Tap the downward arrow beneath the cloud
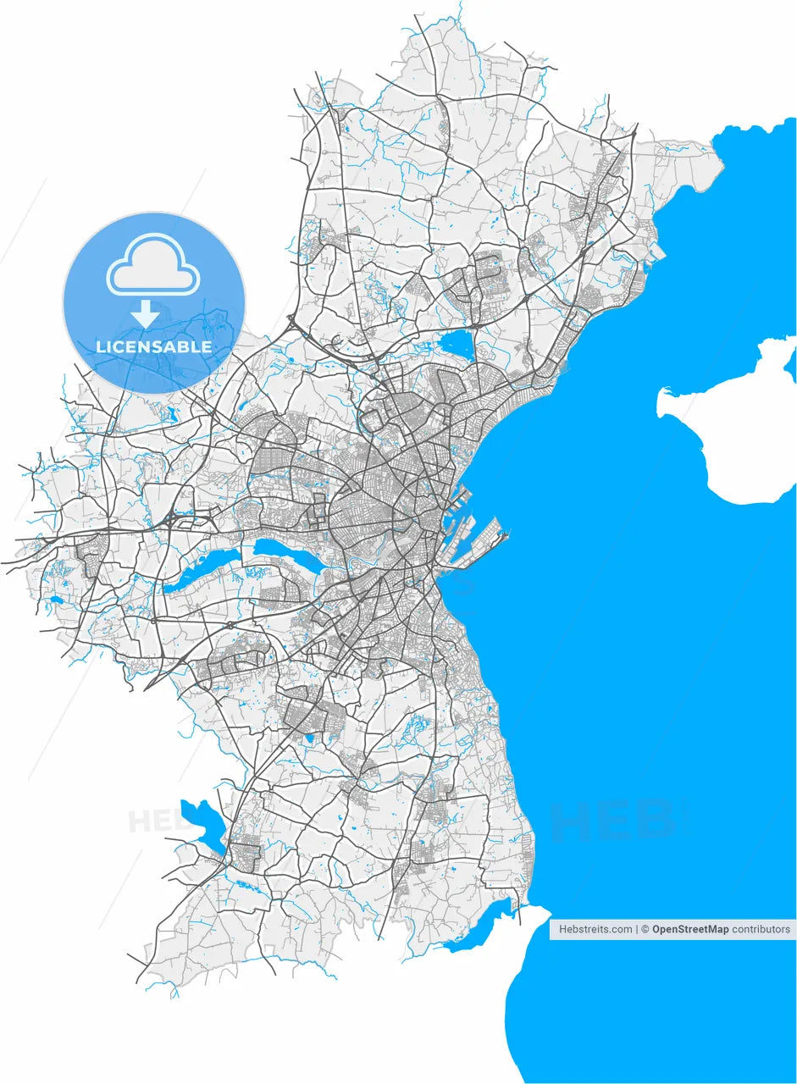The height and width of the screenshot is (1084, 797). pyautogui.click(x=146, y=314)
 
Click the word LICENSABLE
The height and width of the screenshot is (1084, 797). pyautogui.click(x=153, y=347)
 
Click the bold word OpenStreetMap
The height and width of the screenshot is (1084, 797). pyautogui.click(x=690, y=929)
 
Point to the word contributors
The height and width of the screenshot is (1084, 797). pyautogui.click(x=761, y=929)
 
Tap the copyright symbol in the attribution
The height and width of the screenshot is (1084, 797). pyautogui.click(x=645, y=929)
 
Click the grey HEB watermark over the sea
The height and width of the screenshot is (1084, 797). pyautogui.click(x=613, y=819)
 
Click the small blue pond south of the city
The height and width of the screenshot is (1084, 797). pyautogui.click(x=308, y=739)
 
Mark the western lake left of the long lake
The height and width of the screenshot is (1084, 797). pyautogui.click(x=203, y=569)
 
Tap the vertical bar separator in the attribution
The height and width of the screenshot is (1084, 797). pyautogui.click(x=637, y=929)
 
